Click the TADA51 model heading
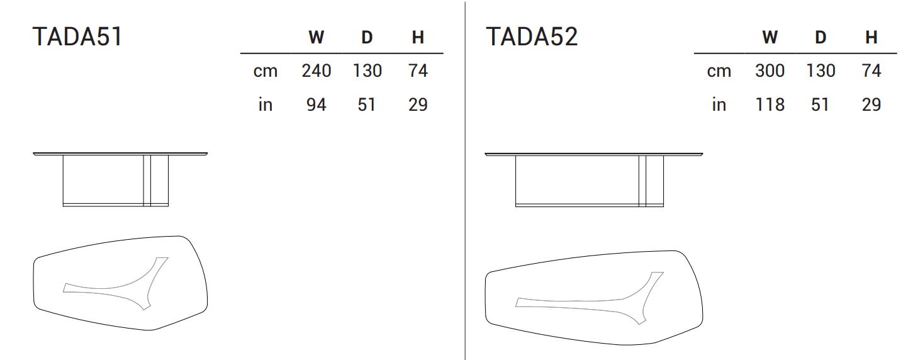[77, 37]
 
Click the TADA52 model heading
[532, 37]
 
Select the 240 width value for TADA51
[316, 70]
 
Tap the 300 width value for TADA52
[770, 70]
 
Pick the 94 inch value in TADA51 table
[316, 104]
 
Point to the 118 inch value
[770, 104]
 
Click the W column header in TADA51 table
[316, 38]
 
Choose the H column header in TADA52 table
[871, 38]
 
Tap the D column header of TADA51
[367, 38]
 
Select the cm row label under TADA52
[719, 71]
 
